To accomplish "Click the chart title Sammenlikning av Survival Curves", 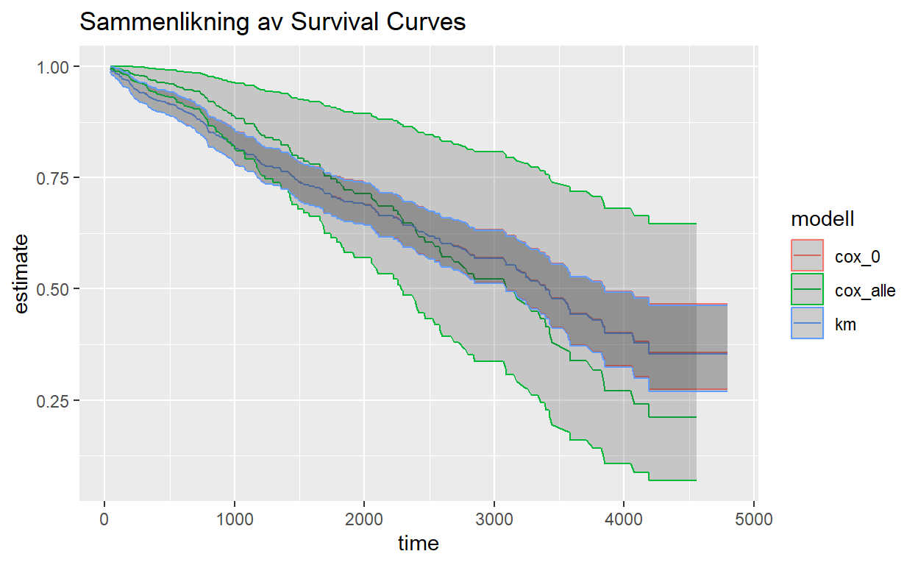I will pyautogui.click(x=272, y=22).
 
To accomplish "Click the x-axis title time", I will pyautogui.click(x=418, y=544).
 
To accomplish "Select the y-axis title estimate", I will pyautogui.click(x=22, y=274).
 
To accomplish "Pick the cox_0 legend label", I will pyautogui.click(x=857, y=257).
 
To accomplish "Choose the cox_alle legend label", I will pyautogui.click(x=864, y=291).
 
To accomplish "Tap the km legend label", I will pyautogui.click(x=845, y=324).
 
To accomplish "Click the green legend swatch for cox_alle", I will pyautogui.click(x=807, y=291).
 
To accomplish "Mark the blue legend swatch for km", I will pyautogui.click(x=807, y=324).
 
